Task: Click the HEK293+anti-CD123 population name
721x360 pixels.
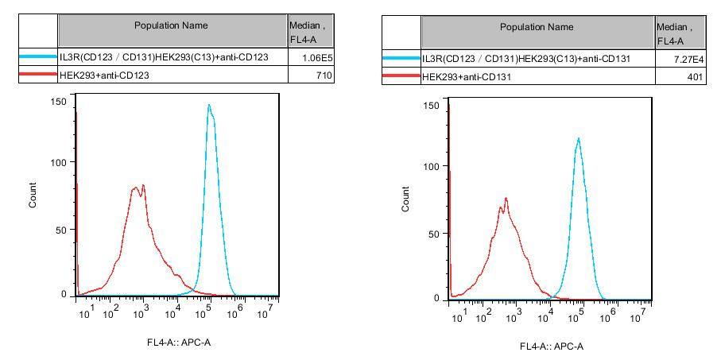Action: point(105,75)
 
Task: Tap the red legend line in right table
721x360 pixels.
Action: point(401,76)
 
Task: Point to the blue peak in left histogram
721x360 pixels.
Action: point(208,105)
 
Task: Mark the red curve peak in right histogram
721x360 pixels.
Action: point(506,199)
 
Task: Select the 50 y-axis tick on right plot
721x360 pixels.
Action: point(432,234)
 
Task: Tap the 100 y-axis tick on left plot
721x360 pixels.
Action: point(57,162)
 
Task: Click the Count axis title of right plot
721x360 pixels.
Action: point(406,199)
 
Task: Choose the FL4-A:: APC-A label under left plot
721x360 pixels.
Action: point(178,343)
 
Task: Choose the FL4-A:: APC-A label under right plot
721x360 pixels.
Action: point(551,346)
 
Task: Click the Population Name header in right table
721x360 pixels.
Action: point(537,27)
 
